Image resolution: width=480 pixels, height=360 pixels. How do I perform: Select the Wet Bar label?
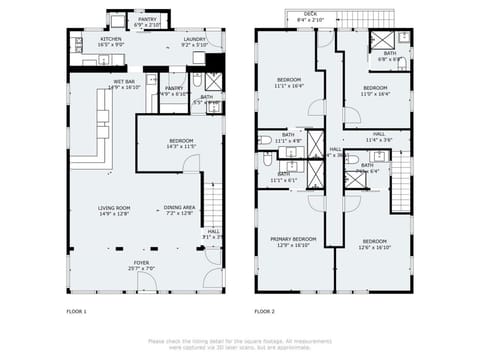125,84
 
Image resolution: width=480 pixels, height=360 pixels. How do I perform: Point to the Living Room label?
115,210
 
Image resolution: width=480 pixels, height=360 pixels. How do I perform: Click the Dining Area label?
179,210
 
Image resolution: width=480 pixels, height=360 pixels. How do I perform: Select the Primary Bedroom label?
293,242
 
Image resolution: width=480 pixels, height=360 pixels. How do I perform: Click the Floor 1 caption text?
77,312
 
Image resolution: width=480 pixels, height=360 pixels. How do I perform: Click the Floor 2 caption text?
265,312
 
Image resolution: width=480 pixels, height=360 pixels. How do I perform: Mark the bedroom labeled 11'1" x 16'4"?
288,83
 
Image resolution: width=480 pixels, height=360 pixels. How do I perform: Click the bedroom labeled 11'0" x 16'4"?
375,90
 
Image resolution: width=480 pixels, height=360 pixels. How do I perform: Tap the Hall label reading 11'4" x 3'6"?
379,137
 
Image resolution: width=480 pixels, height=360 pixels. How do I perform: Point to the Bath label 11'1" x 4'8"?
288,138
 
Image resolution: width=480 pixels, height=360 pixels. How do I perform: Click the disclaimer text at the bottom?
240,343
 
